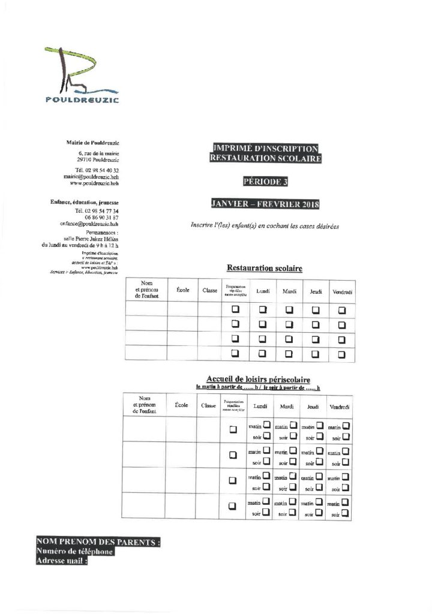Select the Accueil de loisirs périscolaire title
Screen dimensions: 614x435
[x=258, y=380]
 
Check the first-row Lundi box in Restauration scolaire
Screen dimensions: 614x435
[x=262, y=309]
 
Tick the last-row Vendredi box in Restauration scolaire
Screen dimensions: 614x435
[x=341, y=354]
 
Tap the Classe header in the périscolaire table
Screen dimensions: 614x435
[x=209, y=406]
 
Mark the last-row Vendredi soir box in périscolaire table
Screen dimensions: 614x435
[x=346, y=513]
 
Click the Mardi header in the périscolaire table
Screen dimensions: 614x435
[x=287, y=407]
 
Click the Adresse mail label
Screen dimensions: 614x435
[x=62, y=562]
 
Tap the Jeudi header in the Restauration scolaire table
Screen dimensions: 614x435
[x=316, y=291]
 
